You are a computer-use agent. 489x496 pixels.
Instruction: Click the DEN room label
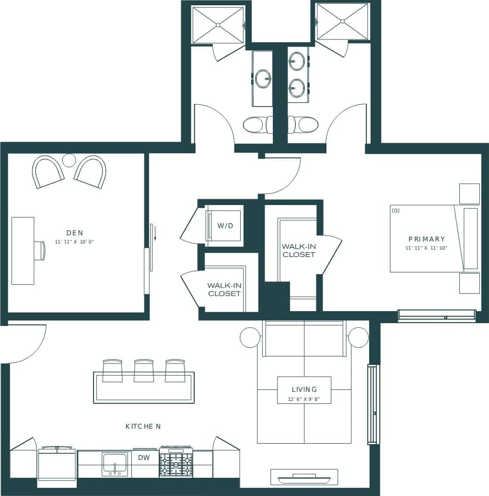tap(74, 233)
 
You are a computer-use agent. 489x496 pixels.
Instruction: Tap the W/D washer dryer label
tap(225, 225)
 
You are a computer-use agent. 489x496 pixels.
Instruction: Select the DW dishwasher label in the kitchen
tap(144, 458)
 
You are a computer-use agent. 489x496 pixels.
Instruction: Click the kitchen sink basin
tap(115, 463)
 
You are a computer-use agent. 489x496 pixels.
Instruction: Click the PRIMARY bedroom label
tap(427, 239)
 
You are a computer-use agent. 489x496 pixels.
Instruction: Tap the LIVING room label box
tap(304, 389)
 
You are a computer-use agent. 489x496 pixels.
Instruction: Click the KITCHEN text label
tap(142, 426)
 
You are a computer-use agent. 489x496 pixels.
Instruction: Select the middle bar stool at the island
tap(143, 371)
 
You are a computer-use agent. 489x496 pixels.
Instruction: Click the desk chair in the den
tap(40, 251)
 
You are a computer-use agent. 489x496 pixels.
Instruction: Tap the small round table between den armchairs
tap(70, 160)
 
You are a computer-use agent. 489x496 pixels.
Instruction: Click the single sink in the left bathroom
tap(263, 79)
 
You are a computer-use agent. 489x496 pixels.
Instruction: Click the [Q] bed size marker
tap(396, 210)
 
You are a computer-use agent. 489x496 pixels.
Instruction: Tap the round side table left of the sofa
tap(250, 337)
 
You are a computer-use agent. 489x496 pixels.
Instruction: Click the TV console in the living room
tap(304, 477)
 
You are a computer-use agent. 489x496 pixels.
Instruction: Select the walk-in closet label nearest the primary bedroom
tap(299, 250)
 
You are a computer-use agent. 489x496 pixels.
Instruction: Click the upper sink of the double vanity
tap(297, 61)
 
